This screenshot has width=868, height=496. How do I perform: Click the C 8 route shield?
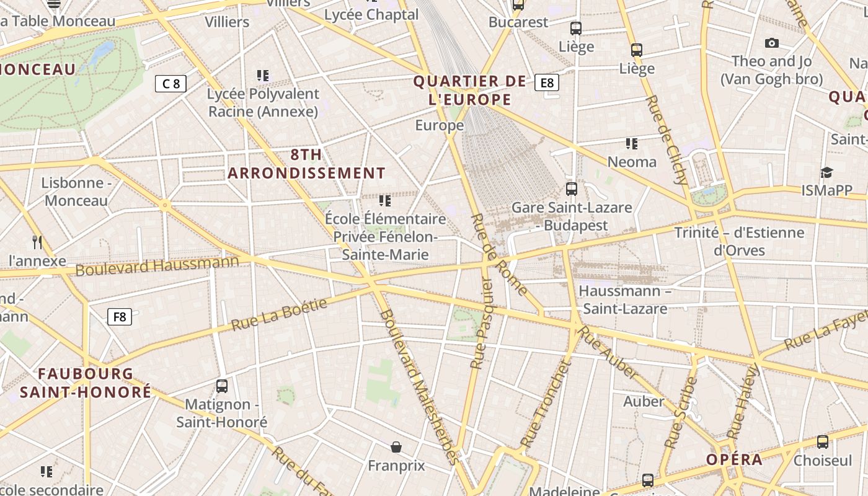click(170, 84)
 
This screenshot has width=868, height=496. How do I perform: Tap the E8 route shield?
click(546, 82)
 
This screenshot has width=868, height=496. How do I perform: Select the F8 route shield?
click(120, 317)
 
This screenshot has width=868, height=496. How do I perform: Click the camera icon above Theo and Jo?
click(771, 43)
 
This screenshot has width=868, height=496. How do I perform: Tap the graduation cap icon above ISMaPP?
click(826, 172)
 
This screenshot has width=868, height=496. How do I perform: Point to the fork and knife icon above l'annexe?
click(37, 242)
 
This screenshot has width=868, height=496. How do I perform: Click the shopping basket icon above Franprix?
click(396, 446)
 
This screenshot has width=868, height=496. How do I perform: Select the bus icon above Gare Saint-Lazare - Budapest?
click(571, 188)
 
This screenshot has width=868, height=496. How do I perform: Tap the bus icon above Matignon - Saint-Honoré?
click(222, 386)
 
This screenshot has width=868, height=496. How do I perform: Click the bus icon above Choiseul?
click(823, 441)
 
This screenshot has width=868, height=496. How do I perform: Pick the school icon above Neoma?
click(632, 144)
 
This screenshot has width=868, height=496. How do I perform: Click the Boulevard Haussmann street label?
click(157, 265)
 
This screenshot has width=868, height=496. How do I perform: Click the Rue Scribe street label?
click(681, 413)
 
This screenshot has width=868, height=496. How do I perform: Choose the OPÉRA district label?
click(735, 459)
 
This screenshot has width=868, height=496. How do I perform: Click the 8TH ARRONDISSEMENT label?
click(306, 164)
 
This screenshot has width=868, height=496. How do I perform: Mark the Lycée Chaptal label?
click(371, 14)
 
